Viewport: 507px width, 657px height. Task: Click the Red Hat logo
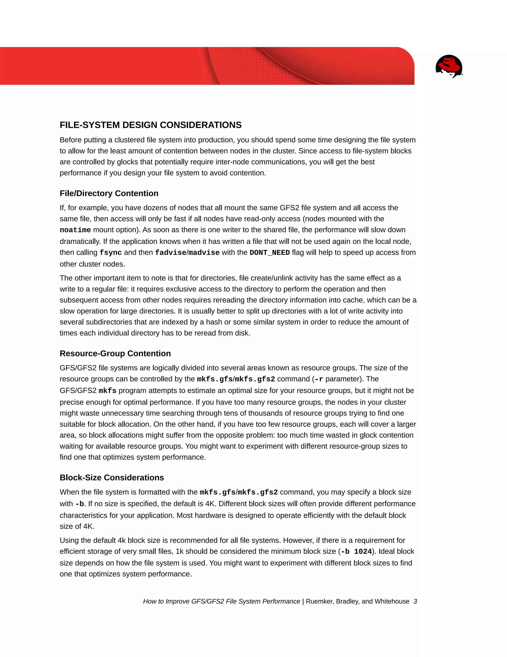click(x=449, y=66)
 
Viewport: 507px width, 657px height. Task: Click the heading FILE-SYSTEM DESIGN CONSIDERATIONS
click(x=151, y=125)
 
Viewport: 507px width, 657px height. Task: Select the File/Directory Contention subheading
click(x=109, y=193)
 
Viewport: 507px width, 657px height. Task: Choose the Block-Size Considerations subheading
click(x=112, y=478)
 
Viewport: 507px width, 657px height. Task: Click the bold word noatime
click(x=75, y=230)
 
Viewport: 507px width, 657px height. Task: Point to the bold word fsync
click(x=110, y=253)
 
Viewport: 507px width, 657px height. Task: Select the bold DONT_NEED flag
click(x=269, y=253)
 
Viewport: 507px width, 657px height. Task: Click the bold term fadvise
click(x=170, y=253)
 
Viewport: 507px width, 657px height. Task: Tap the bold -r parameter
click(x=319, y=379)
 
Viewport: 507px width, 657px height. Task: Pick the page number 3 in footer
click(x=415, y=601)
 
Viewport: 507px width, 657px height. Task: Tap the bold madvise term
click(x=204, y=253)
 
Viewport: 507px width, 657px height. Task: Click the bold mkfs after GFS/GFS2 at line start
click(x=107, y=391)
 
